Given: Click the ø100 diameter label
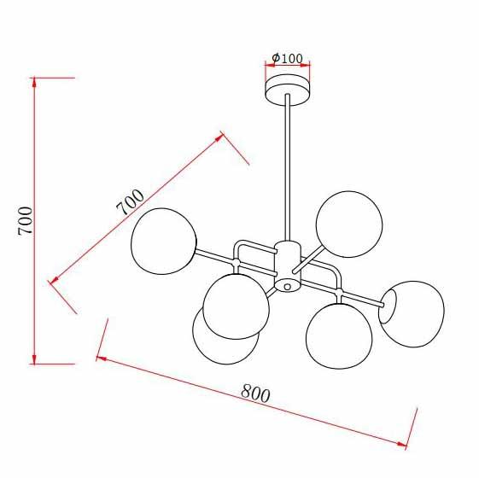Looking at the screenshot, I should (288, 58).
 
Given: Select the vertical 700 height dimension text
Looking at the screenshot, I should (26, 220).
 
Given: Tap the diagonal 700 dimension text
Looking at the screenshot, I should (130, 201).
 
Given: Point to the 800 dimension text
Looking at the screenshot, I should (255, 393).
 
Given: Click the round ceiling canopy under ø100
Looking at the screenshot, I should (288, 88).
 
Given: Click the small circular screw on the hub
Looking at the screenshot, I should (288, 287).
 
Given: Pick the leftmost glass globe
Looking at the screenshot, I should (163, 241).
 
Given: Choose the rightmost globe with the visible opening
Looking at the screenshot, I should (412, 313).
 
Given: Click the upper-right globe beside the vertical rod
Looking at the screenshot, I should (348, 224).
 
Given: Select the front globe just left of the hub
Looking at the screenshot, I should (237, 305).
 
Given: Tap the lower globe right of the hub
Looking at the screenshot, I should (339, 335).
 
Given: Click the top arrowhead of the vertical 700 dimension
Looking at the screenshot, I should (34, 80).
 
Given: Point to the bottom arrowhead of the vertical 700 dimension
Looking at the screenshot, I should (34, 360).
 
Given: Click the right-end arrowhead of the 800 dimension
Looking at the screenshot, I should (406, 444).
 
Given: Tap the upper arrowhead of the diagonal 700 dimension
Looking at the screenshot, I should (221, 136).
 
